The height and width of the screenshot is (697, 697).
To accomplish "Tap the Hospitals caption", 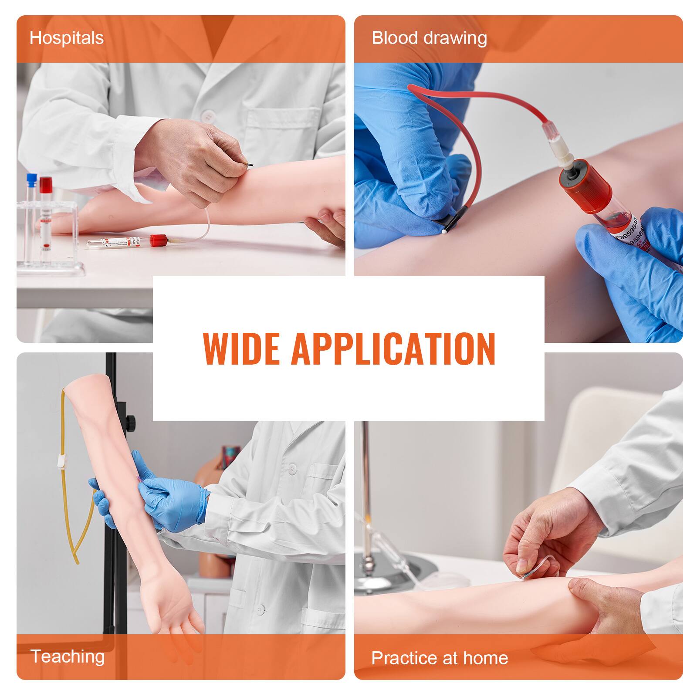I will click(x=66, y=38).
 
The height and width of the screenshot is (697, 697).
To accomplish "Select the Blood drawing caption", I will click(x=429, y=38).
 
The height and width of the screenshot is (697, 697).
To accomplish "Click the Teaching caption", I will click(x=68, y=656).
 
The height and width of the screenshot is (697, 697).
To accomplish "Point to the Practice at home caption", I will click(x=440, y=658).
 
